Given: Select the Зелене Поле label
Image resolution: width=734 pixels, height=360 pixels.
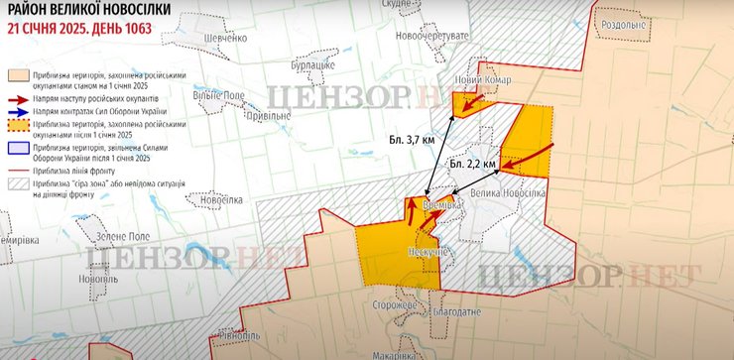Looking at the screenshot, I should coord(124,237).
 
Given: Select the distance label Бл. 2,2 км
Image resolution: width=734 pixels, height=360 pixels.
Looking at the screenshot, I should coord(472,162).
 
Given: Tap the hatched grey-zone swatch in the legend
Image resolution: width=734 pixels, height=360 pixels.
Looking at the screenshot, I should coord(18,183).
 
